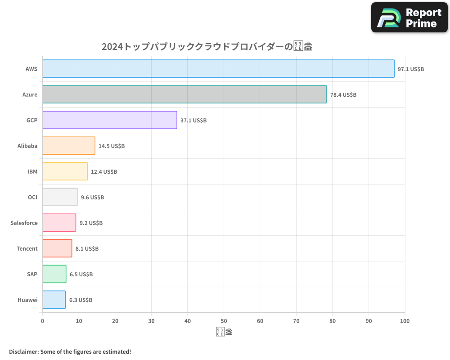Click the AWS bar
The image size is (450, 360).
(218, 69)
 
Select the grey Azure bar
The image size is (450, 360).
(184, 94)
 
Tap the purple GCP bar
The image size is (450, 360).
(110, 120)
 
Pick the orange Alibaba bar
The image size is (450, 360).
(69, 146)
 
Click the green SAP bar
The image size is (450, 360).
(54, 274)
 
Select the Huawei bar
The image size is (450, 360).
(54, 300)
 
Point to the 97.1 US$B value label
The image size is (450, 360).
(410, 69)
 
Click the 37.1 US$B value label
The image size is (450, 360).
(193, 121)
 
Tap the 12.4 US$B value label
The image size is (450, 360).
(104, 172)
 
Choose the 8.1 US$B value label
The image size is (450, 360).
(87, 249)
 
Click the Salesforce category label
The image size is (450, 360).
(24, 223)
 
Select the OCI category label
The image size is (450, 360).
(32, 197)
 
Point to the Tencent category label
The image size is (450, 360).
(27, 248)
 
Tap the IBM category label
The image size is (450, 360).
(32, 171)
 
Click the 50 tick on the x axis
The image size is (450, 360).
(224, 321)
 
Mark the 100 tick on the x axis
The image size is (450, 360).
(405, 321)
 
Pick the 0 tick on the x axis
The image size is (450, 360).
(43, 321)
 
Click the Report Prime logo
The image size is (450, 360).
(409, 18)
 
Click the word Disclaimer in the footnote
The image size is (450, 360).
(23, 351)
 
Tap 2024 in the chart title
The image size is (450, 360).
(112, 46)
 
